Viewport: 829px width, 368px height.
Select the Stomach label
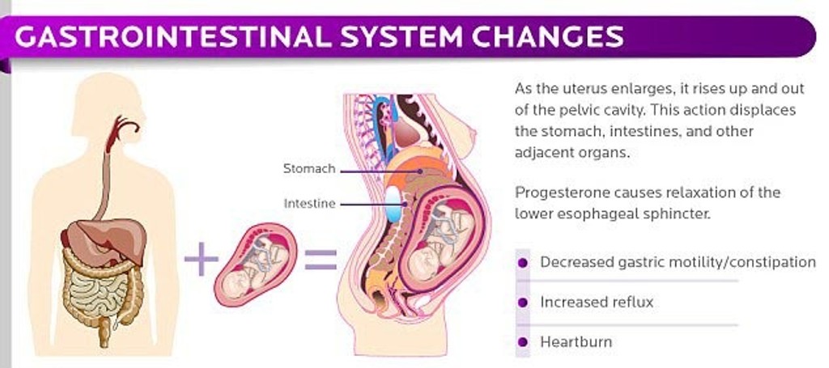pos(308,169)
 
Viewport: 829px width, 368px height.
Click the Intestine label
pos(309,204)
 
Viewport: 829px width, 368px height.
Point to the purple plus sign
pos(200,261)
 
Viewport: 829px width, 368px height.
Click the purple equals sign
pos(319,260)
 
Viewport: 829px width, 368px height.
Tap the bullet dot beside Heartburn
pos(522,342)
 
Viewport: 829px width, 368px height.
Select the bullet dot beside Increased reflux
pos(522,302)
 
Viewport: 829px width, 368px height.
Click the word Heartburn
pos(576,342)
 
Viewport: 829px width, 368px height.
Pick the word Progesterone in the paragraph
pos(555,193)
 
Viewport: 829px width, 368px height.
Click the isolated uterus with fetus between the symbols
pos(254,264)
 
